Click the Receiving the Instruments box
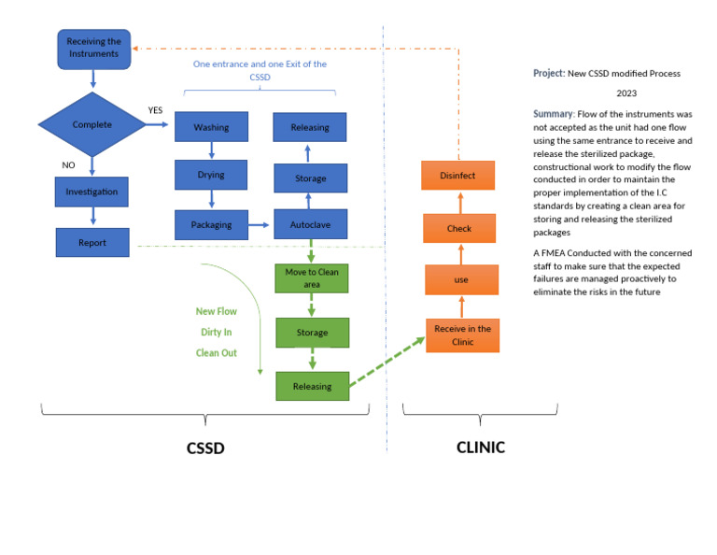(x=92, y=48)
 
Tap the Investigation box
(x=91, y=192)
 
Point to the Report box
(x=91, y=243)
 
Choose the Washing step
(x=211, y=127)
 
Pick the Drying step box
(x=211, y=175)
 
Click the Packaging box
(x=211, y=224)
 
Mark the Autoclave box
(x=309, y=224)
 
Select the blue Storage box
(x=309, y=178)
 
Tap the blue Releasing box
(x=309, y=127)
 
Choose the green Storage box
(x=313, y=333)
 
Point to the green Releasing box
(x=313, y=385)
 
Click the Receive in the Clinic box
(x=462, y=334)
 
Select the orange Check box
(x=458, y=228)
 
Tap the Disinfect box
(x=458, y=175)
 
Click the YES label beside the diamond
(x=155, y=110)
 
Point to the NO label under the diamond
(x=68, y=165)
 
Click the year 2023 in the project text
(x=626, y=93)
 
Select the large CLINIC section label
(x=480, y=448)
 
